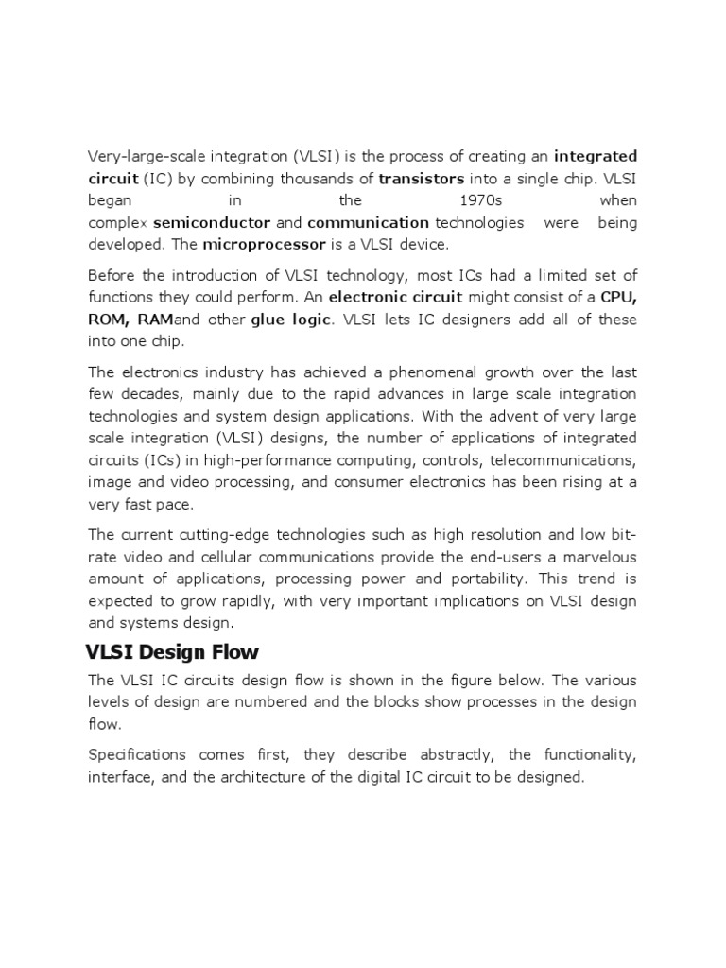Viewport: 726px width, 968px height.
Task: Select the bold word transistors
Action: [421, 178]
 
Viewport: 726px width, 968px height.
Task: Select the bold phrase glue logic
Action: [291, 320]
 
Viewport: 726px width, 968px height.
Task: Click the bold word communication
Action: [368, 223]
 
